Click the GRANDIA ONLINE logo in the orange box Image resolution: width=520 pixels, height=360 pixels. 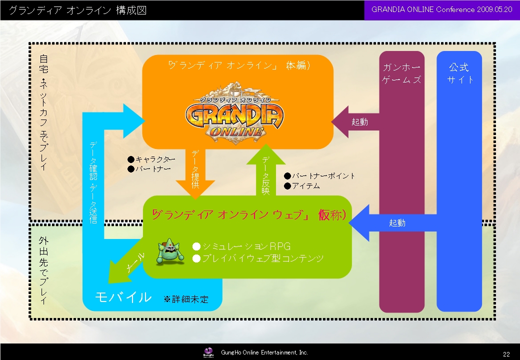[x=234, y=115]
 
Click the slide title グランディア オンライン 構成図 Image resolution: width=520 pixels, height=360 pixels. [x=77, y=10]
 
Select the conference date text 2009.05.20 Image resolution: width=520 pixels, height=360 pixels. [x=494, y=10]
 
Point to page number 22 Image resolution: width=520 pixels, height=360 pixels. [x=506, y=353]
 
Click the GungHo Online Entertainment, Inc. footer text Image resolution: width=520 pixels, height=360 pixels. [x=264, y=352]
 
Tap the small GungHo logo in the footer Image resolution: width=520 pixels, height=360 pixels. [x=209, y=352]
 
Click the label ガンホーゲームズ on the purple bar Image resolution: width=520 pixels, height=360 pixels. [x=401, y=73]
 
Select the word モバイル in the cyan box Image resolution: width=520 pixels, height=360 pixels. [x=123, y=297]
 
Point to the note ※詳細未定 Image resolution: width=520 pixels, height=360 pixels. [x=185, y=299]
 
